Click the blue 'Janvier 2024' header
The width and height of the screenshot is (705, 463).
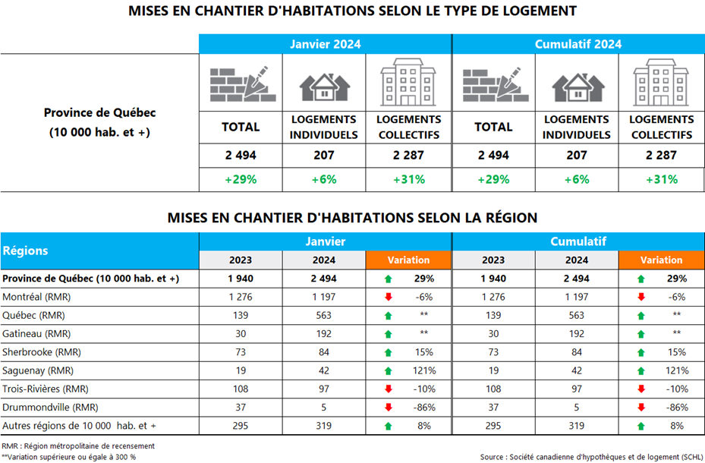point(325,44)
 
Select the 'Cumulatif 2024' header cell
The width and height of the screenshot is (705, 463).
point(578,44)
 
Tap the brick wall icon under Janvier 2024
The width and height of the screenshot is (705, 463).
point(240,83)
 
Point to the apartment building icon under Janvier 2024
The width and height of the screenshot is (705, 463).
point(408,83)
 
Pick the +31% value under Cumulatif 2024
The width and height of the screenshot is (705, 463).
point(661,180)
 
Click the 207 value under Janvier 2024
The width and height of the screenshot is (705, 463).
point(324,156)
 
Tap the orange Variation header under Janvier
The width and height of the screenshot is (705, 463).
point(408,260)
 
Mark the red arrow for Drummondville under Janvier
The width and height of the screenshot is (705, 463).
point(388,408)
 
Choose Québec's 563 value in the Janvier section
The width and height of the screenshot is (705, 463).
point(324,315)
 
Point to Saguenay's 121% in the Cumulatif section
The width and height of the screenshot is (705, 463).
point(677,370)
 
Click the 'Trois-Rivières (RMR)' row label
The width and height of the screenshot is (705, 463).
point(46,389)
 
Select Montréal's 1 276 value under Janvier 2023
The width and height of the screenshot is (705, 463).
point(241,297)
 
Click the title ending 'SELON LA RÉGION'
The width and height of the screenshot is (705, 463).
point(352,218)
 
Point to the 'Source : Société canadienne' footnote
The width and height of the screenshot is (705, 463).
point(592,456)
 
